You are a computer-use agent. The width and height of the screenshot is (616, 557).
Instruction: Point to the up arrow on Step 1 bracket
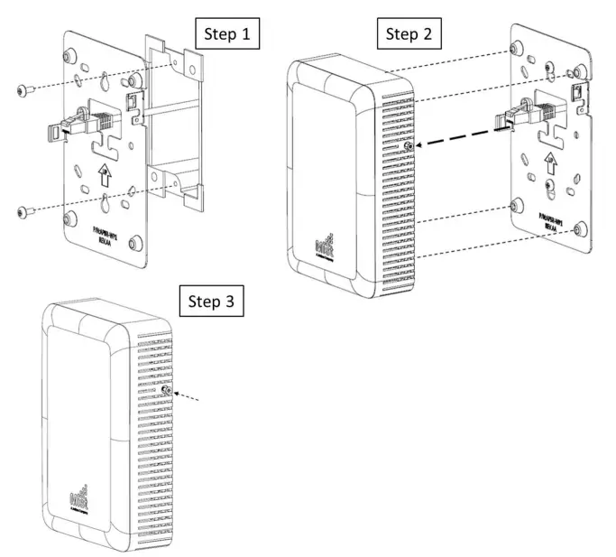106,172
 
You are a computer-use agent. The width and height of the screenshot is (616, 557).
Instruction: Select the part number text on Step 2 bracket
552,222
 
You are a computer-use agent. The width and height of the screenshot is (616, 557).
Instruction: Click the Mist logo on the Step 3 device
80,499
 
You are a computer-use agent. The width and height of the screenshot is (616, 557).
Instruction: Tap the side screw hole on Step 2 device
411,145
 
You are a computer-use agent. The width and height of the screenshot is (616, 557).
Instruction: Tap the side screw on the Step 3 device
168,389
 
